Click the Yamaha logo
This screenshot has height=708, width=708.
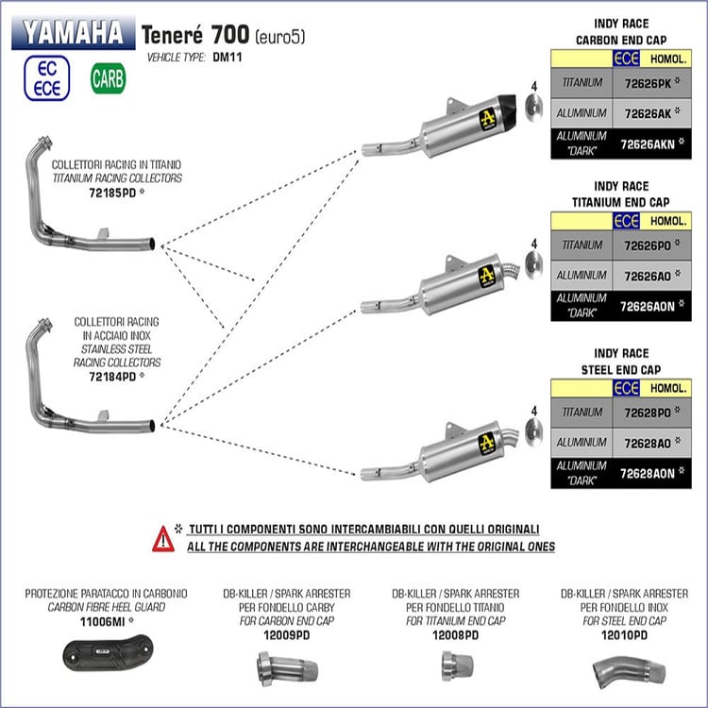coord(73,32)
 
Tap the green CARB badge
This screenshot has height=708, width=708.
coord(109,78)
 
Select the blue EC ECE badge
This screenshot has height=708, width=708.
coord(47,78)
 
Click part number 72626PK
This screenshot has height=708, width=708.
coord(648,83)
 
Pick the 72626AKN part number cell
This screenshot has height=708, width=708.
coord(651,144)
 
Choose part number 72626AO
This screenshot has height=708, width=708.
coord(648,276)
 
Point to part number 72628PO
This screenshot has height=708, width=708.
coord(648,413)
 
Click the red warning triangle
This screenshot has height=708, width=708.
coord(163,539)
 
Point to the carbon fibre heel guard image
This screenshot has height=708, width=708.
coord(108,652)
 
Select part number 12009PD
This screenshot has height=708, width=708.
coord(287,635)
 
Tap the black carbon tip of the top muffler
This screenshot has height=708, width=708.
coord(508,108)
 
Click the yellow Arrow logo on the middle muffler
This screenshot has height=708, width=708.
coord(487,277)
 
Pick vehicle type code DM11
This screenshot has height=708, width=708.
coord(228,58)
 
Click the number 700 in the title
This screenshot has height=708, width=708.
coord(230,34)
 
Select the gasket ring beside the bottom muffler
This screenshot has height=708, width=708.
coord(533,431)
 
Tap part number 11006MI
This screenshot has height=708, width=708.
coord(103,622)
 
